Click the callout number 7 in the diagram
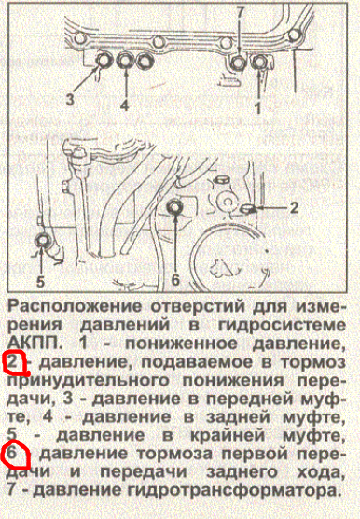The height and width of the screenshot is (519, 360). pyautogui.click(x=241, y=14)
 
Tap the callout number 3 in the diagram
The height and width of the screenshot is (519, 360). pyautogui.click(x=70, y=99)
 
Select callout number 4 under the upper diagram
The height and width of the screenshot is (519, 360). pyautogui.click(x=124, y=105)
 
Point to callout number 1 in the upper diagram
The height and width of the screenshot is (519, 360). pyautogui.click(x=257, y=108)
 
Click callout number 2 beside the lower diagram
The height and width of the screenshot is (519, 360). pyautogui.click(x=293, y=207)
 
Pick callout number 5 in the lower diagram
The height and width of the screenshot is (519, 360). pyautogui.click(x=40, y=282)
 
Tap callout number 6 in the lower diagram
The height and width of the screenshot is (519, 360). pyautogui.click(x=175, y=280)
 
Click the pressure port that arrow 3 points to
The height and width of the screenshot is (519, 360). pyautogui.click(x=104, y=61)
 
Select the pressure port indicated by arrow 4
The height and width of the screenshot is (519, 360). pyautogui.click(x=125, y=61)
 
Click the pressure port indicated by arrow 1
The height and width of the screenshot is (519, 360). pyautogui.click(x=259, y=62)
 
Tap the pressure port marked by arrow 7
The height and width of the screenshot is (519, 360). pyautogui.click(x=238, y=63)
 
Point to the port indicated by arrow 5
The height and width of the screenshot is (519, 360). pyautogui.click(x=42, y=240)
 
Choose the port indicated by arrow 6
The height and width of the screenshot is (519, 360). pyautogui.click(x=174, y=207)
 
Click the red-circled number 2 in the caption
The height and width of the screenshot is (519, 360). pyautogui.click(x=12, y=362)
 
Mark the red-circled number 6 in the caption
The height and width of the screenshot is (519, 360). pyautogui.click(x=11, y=453)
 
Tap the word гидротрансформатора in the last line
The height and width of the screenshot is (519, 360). pyautogui.click(x=233, y=490)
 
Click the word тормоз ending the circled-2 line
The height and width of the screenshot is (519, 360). pyautogui.click(x=313, y=363)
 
